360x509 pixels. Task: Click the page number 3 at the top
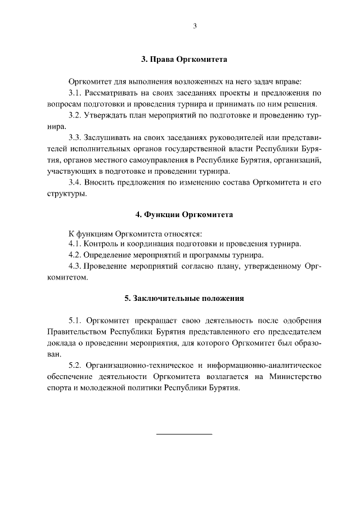coord(194,26)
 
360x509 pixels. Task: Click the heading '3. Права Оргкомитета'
coord(184,58)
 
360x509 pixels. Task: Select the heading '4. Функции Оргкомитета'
coord(184,215)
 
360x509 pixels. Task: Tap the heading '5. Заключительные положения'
coord(184,298)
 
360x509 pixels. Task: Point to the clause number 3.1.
coord(75,93)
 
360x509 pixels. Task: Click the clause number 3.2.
coord(75,116)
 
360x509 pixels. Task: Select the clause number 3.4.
coord(75,183)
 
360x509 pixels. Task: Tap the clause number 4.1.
coord(75,244)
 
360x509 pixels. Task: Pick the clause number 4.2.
coord(75,255)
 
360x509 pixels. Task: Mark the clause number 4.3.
coord(75,267)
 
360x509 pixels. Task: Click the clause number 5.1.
coord(75,321)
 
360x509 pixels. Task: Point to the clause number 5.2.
coord(75,366)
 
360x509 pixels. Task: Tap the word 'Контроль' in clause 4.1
coord(101,244)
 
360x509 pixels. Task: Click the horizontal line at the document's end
coord(184,434)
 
